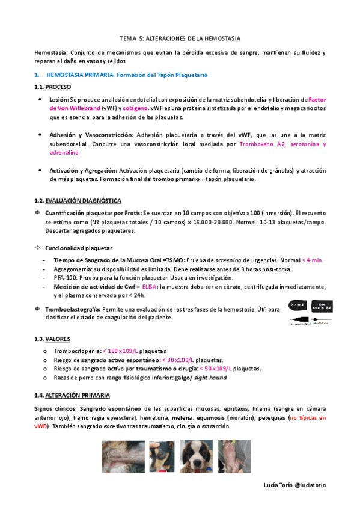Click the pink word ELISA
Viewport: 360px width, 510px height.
click(153, 287)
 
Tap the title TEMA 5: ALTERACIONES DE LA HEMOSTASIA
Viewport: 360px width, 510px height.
click(180, 37)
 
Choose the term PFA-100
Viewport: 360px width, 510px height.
click(66, 278)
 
